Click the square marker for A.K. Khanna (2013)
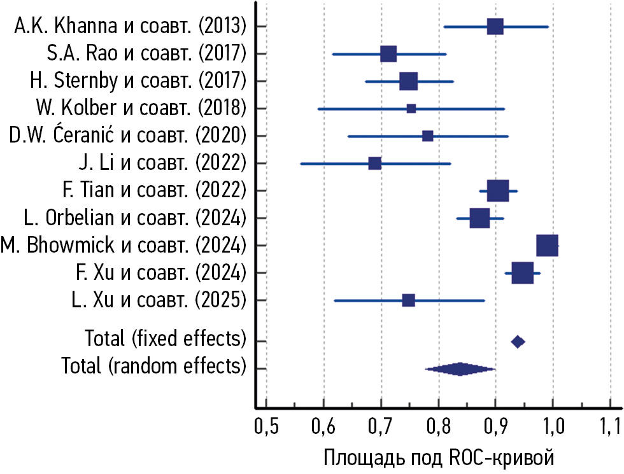[x=495, y=27]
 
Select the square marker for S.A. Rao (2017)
[x=388, y=54]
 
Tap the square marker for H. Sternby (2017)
[x=408, y=81]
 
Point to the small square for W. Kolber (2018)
[x=411, y=109]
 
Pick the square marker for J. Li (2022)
[x=375, y=164]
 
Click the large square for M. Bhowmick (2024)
[x=548, y=246]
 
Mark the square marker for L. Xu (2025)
[x=409, y=300]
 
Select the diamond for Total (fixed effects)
[x=518, y=342]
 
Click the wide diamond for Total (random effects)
[x=460, y=369]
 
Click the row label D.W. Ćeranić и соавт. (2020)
[x=127, y=136]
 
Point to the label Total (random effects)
[x=153, y=366]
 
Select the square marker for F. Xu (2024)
[x=523, y=273]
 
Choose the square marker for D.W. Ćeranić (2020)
[x=428, y=136]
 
